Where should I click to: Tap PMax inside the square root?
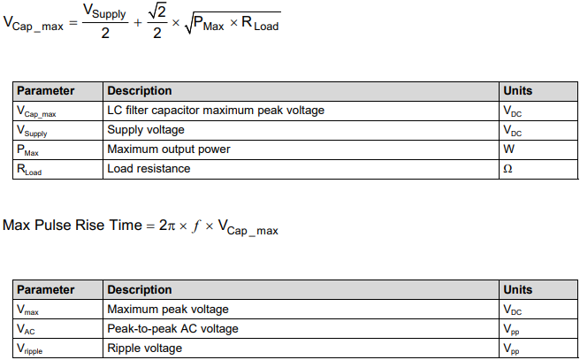click(210, 25)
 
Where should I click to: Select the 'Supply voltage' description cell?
click(146, 130)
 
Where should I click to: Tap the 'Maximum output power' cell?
click(168, 149)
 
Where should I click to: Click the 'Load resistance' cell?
click(149, 169)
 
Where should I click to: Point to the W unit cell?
click(508, 149)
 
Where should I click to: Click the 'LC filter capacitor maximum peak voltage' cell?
click(216, 111)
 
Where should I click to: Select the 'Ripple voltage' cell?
click(144, 349)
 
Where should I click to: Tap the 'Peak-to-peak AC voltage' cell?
click(172, 329)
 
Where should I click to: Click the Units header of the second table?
click(517, 290)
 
